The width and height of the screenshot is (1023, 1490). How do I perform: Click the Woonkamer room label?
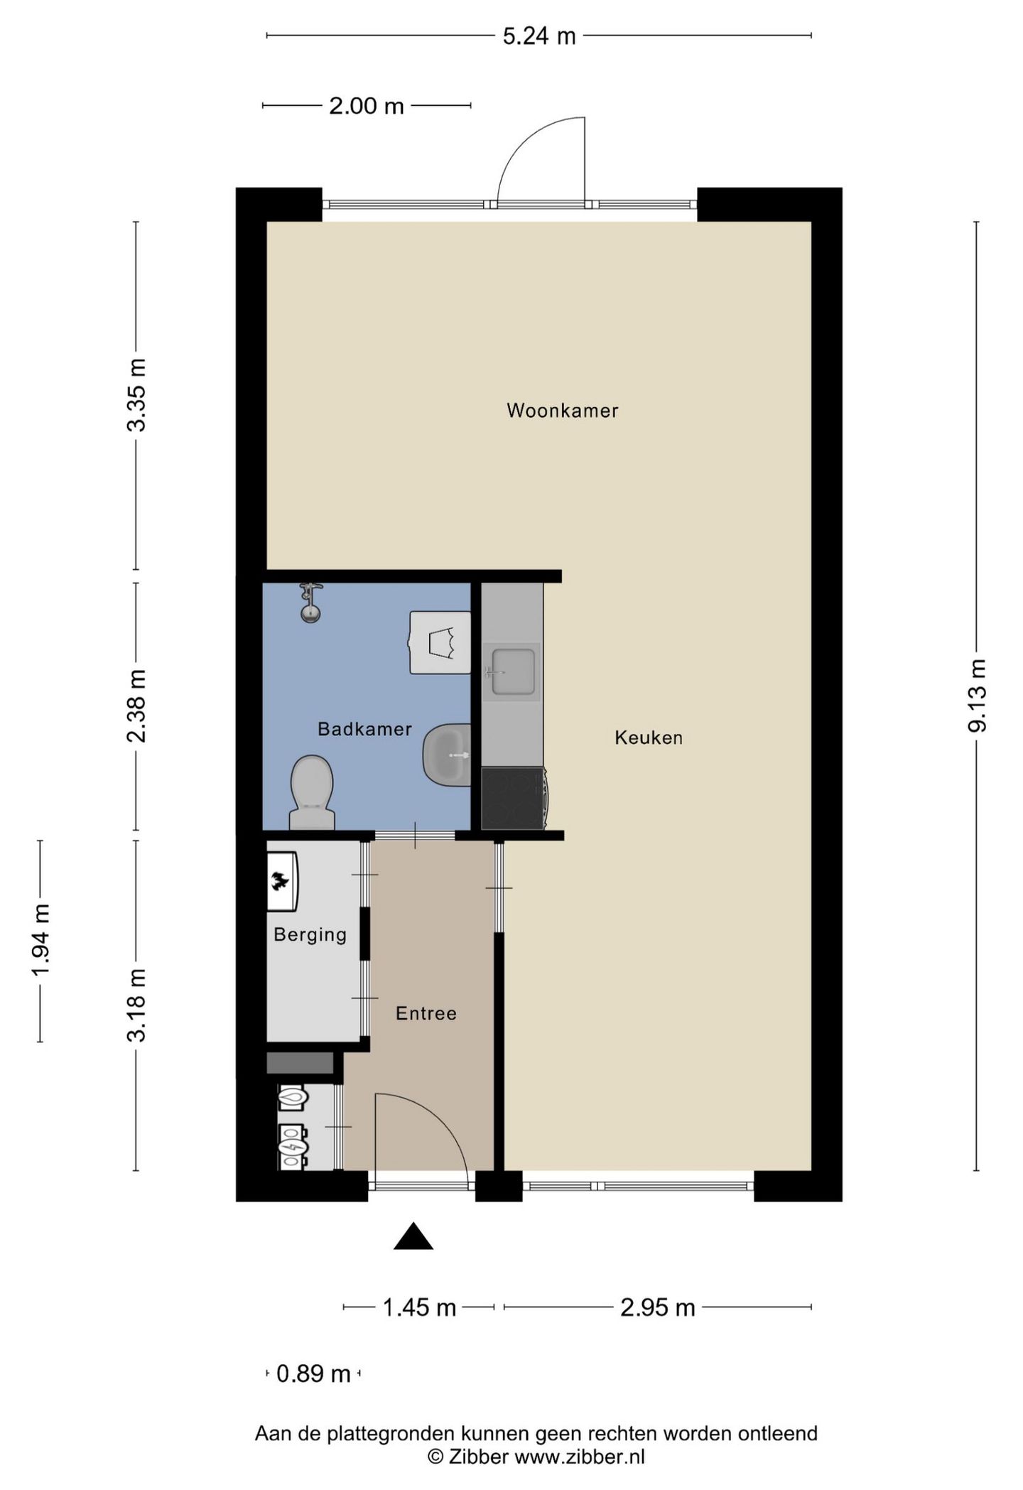point(562,411)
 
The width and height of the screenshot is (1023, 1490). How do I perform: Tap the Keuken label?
point(648,738)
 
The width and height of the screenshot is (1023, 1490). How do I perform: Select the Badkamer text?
point(364,729)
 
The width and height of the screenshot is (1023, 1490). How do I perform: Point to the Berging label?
point(310,934)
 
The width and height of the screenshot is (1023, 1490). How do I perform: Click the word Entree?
point(426,1013)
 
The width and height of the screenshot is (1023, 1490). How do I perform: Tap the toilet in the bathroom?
point(312,790)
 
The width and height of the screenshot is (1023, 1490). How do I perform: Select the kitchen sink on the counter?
point(511,671)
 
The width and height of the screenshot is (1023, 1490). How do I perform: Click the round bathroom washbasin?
point(448,755)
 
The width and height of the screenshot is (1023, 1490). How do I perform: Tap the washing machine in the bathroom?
point(440,642)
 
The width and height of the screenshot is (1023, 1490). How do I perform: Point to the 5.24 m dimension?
point(538,36)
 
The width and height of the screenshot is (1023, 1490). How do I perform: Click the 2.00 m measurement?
point(366,107)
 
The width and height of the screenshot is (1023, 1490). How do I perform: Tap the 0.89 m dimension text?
point(313,1373)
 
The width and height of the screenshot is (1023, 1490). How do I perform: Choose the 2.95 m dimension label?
point(657,1307)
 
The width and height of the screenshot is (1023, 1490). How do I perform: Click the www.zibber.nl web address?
point(579,1457)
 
